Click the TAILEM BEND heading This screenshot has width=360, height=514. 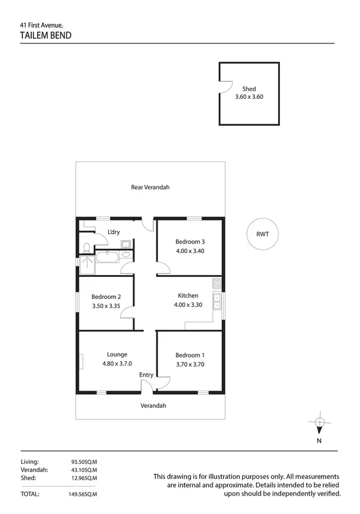[46, 35]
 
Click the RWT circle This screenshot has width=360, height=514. [263, 234]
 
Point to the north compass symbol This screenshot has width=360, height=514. [319, 422]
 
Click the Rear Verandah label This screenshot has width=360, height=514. [150, 188]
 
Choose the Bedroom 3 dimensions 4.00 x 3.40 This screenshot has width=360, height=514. [189, 250]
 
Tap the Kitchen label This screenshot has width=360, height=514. [188, 296]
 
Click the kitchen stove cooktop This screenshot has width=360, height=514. [216, 284]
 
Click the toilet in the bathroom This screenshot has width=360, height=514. [87, 248]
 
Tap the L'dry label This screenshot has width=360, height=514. [113, 232]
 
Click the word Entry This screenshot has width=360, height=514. [146, 375]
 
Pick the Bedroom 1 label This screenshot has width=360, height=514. [190, 355]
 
